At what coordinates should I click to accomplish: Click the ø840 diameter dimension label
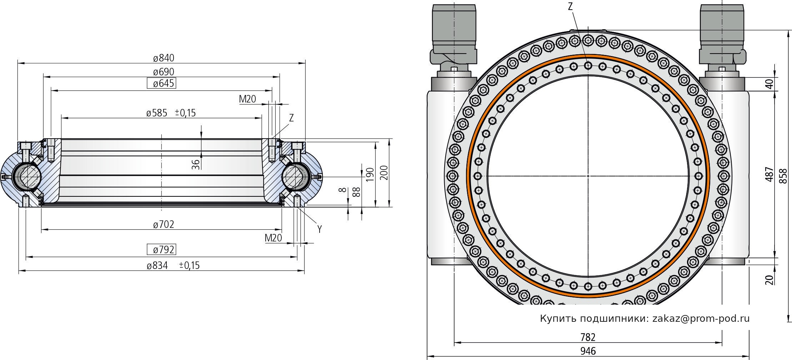(x=164, y=58)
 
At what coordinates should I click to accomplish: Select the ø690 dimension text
(x=164, y=72)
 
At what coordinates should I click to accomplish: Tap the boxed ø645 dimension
(x=162, y=84)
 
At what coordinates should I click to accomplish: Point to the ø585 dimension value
(x=157, y=113)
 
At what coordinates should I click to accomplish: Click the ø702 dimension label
(x=164, y=225)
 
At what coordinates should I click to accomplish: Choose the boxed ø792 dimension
(x=162, y=250)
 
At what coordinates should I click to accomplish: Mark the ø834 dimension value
(x=157, y=266)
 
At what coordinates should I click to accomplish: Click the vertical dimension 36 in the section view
(x=196, y=164)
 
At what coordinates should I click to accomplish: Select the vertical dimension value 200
(x=384, y=173)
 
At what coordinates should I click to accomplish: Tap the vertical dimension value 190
(x=370, y=174)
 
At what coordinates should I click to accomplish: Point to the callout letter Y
(x=320, y=229)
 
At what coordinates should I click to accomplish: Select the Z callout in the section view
(x=291, y=118)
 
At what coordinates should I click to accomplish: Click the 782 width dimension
(x=588, y=337)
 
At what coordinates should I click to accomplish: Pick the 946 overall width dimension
(x=588, y=351)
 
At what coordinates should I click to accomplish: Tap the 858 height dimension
(x=783, y=176)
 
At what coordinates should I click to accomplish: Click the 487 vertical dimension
(x=770, y=175)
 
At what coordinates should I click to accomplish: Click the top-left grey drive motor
(x=453, y=29)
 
